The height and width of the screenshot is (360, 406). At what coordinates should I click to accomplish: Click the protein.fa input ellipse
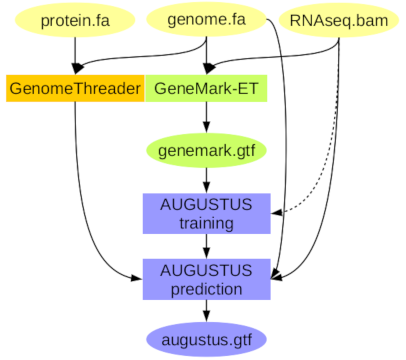75,21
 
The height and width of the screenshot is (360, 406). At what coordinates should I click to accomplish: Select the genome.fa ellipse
206,20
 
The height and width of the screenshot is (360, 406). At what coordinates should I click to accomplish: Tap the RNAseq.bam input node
339,21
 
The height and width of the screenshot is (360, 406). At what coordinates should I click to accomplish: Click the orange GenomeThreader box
75,88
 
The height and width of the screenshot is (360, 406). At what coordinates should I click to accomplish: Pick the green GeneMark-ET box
206,88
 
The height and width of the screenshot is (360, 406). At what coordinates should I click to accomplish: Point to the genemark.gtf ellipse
206,151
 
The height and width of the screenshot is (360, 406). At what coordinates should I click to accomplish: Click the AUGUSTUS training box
206,213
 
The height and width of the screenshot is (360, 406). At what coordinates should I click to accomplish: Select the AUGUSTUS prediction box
206,279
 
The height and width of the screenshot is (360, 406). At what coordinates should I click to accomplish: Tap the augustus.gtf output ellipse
206,340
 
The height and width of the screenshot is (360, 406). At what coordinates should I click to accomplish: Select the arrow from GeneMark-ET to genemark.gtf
206,117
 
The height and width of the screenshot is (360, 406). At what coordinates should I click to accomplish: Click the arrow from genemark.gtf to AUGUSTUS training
206,180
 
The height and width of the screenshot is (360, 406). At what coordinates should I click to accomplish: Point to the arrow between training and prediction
206,246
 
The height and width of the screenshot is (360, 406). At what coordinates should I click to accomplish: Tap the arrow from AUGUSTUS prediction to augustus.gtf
206,311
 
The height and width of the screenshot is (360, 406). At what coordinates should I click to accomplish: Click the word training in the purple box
206,223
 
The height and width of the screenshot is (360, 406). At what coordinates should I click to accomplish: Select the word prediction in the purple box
206,289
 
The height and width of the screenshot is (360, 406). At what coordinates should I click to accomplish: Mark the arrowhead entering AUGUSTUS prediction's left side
137,278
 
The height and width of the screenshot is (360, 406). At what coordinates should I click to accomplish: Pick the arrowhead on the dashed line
277,213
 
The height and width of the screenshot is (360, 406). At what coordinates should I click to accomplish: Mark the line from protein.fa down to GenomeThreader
75,55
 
